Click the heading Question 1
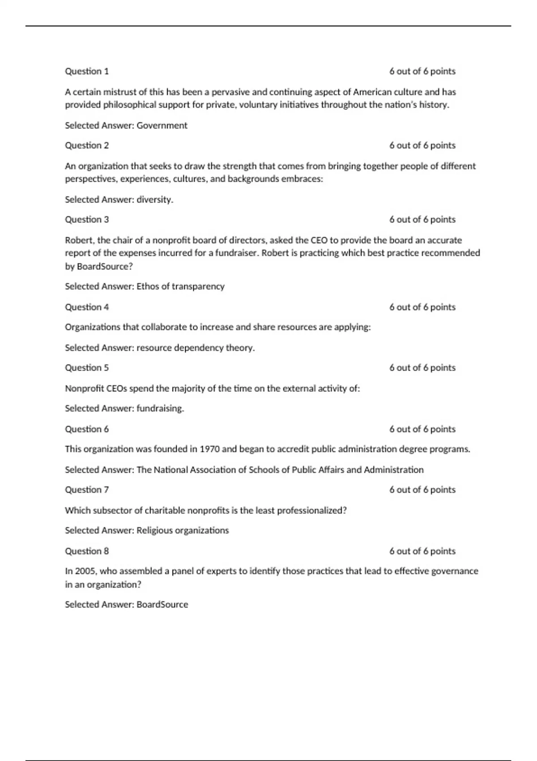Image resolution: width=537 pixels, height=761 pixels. coord(87,71)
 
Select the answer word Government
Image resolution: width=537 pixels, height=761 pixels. coord(162,125)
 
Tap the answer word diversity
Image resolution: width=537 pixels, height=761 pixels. coord(155,200)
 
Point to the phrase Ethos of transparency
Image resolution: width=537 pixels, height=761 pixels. coord(180,286)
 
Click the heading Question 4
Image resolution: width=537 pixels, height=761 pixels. coord(87,307)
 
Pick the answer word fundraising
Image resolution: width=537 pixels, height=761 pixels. coord(160,408)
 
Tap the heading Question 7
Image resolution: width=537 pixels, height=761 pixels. coord(87,490)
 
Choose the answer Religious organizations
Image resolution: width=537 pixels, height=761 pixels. coord(183,530)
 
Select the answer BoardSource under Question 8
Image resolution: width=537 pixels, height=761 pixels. coord(162,604)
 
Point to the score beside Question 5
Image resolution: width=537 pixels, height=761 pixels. coord(422,368)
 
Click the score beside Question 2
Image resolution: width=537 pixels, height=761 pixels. coord(422,145)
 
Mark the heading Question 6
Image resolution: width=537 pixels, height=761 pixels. coord(87,429)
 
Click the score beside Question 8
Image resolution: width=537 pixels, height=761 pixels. coord(422,551)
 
